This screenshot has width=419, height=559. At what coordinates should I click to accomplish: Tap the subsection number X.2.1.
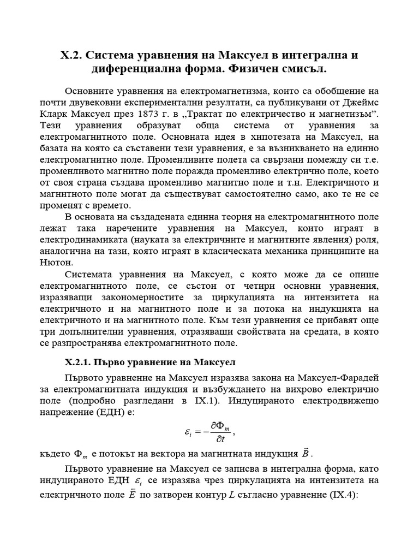(80, 362)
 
